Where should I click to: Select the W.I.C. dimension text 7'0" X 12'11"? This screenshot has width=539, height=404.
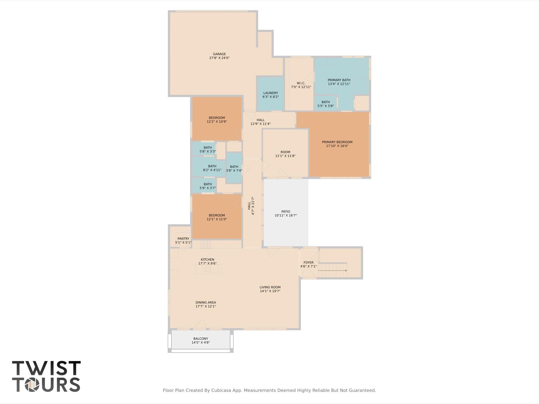pyautogui.click(x=301, y=87)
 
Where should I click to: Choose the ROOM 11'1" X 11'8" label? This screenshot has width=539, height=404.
pyautogui.click(x=285, y=154)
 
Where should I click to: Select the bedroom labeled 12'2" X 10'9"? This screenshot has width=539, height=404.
pyautogui.click(x=217, y=120)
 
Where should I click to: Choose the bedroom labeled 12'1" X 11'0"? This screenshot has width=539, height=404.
pyautogui.click(x=217, y=217)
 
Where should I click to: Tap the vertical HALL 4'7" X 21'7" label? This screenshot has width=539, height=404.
pyautogui.click(x=251, y=206)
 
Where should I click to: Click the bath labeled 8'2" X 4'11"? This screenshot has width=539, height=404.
pyautogui.click(x=212, y=168)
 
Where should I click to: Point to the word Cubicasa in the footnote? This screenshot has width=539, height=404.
pyautogui.click(x=221, y=390)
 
